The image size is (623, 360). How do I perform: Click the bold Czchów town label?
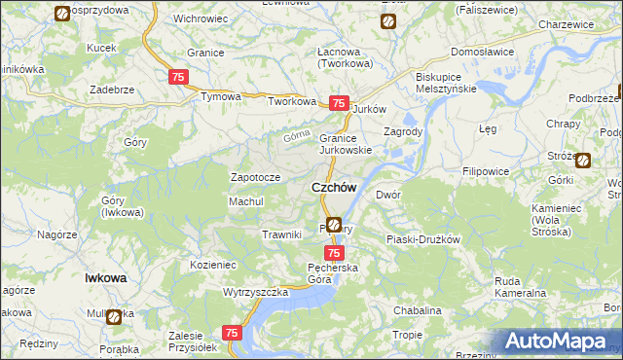point(333,187)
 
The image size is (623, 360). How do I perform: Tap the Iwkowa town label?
point(106,277)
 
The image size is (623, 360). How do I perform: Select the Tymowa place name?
point(220,97)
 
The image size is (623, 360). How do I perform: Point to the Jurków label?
point(370,109)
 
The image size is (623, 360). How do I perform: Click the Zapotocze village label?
point(255,178)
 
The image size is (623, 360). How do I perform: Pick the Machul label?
point(246,201)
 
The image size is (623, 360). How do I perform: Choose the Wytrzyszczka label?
point(256,292)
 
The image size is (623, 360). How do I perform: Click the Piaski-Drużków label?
point(422,238)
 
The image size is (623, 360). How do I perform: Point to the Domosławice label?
point(483,53)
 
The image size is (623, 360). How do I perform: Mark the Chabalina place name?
point(418,310)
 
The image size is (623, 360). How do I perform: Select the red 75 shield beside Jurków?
point(339,103)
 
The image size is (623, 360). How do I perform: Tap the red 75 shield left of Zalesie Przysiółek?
point(232,333)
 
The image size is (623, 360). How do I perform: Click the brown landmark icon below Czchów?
point(334,224)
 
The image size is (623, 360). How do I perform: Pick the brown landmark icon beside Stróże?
point(583,161)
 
